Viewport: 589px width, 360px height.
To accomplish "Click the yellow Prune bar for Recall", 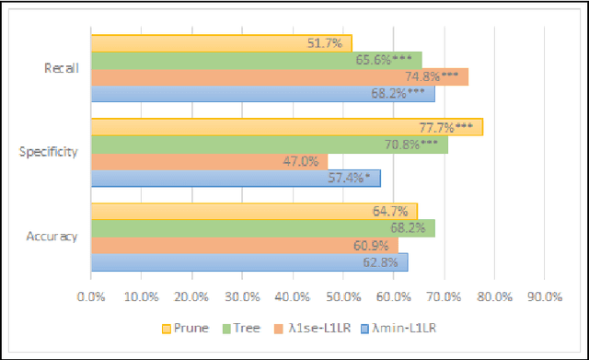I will [221, 43].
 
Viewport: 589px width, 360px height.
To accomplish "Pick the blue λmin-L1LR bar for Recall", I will [262, 93].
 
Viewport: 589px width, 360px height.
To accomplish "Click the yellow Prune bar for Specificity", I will [286, 127].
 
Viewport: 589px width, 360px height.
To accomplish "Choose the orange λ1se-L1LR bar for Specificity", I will [209, 161].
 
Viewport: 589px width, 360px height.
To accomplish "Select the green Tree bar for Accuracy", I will [262, 227].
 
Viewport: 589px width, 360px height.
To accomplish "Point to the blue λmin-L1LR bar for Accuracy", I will [248, 261].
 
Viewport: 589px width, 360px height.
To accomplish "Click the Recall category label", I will [61, 68].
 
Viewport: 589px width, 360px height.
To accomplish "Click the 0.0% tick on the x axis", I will [91, 296].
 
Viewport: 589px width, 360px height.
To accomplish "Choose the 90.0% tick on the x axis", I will [544, 296].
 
